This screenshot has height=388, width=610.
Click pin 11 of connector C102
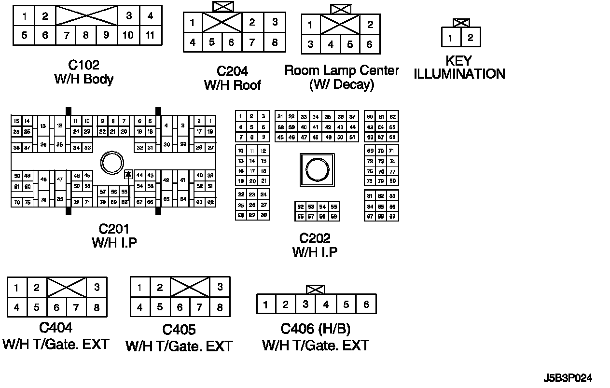[150, 35]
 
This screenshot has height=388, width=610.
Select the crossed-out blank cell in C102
[87, 16]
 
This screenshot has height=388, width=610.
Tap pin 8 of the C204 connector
[275, 42]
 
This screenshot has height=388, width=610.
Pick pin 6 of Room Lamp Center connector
[369, 44]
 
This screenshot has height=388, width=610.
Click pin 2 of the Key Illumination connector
[471, 38]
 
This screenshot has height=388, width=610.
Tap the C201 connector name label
[114, 229]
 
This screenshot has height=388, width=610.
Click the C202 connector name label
[315, 238]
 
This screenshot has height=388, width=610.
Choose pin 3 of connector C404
[97, 288]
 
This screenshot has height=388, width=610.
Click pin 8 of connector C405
[220, 307]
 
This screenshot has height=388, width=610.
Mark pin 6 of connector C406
[366, 305]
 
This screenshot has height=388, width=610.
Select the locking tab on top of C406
[315, 289]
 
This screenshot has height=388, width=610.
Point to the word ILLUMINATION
[459, 74]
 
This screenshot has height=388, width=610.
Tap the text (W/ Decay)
[341, 84]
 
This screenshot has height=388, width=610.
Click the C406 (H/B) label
[315, 329]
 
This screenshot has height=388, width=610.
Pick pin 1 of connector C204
[193, 23]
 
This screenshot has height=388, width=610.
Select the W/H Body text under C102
[84, 79]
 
